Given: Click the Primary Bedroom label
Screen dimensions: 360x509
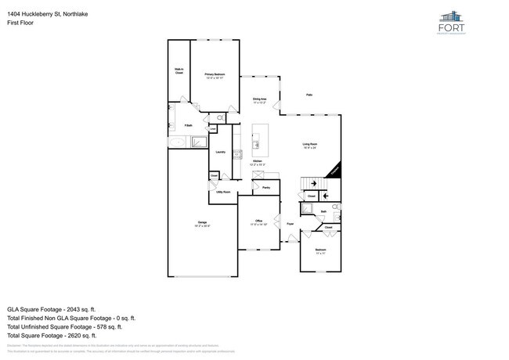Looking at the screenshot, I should click(x=215, y=74).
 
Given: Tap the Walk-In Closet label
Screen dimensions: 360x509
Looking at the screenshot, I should click(x=179, y=71).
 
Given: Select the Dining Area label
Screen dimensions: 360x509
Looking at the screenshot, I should click(x=260, y=99).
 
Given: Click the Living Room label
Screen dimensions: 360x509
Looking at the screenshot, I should click(x=310, y=145).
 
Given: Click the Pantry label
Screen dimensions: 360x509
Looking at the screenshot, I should click(x=266, y=188).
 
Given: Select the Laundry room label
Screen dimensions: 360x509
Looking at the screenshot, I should click(x=220, y=152).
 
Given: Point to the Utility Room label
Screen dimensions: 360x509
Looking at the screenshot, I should click(x=222, y=192).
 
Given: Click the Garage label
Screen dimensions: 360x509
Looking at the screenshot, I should click(x=202, y=224).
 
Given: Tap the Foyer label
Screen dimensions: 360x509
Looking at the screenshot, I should click(x=289, y=224).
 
